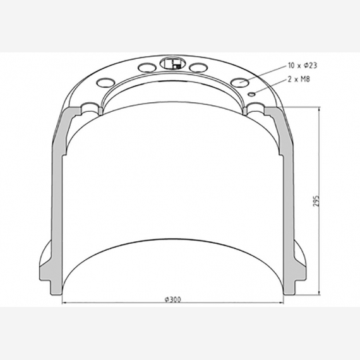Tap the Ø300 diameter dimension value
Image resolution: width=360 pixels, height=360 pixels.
coord(172,299)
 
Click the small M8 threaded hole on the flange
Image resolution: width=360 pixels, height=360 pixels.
coord(251,93)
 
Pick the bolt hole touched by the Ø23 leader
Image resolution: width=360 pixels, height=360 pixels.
coord(241,81)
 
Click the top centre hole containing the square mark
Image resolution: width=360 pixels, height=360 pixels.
coord(171,63)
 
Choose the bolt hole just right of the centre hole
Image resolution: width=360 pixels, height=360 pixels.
coord(198,67)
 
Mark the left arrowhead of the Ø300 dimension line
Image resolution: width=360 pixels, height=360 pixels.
coord(64,304)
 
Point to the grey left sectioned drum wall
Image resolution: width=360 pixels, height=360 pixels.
coord(57,189)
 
